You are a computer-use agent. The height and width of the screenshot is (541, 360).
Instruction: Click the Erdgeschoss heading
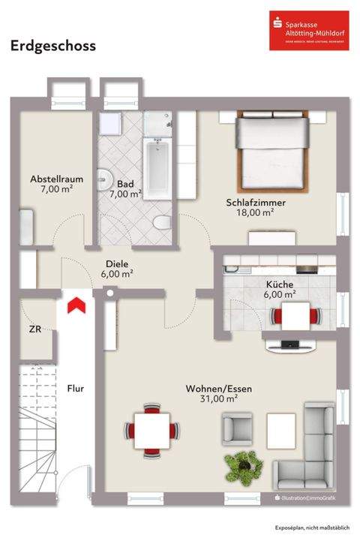click(x=52, y=47)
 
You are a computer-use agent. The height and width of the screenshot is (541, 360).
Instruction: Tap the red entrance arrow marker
click(x=75, y=305)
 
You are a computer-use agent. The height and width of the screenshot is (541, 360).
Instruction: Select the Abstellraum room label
click(x=56, y=185)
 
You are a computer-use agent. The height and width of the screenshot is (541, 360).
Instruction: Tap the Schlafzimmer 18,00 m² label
click(x=256, y=207)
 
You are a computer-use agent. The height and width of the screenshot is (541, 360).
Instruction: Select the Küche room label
click(x=279, y=290)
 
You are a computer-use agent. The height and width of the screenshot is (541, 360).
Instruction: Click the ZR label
click(x=34, y=329)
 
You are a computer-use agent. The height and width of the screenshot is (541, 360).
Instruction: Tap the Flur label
click(x=75, y=389)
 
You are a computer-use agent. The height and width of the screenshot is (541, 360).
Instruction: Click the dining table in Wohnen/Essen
click(x=153, y=431)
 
